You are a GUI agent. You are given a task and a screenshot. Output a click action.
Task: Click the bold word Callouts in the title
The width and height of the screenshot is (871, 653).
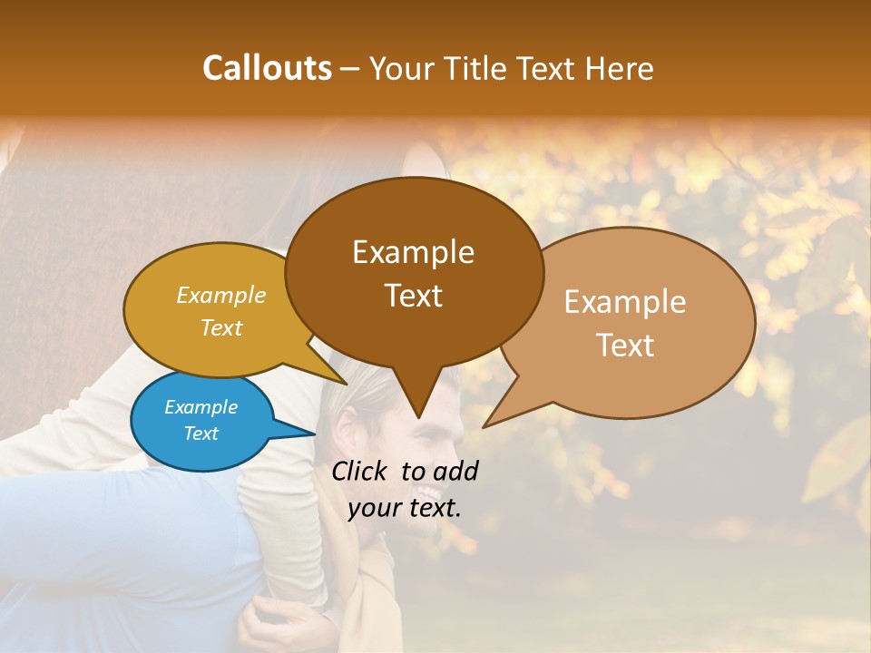267,68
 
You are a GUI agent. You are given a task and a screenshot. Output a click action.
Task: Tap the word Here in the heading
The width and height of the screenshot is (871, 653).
620,69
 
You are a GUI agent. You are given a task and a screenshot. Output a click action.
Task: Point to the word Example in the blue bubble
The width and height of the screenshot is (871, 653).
201,407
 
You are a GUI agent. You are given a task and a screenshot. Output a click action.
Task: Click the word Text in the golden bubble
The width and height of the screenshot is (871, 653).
220,327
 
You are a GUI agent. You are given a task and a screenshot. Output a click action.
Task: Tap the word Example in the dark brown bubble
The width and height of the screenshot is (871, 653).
413,252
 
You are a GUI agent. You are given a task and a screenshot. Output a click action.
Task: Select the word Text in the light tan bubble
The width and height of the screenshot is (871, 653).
625,346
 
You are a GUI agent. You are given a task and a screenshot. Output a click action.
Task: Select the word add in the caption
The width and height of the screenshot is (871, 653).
455,471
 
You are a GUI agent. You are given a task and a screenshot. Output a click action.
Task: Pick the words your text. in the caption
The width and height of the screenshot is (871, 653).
405,508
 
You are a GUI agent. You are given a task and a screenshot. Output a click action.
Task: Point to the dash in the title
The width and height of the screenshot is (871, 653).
351,69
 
